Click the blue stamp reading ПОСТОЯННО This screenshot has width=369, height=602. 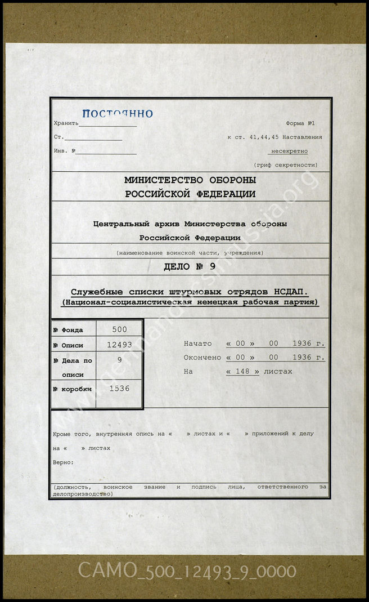(117, 113)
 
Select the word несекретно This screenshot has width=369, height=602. (289, 151)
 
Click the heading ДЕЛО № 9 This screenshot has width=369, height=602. (190, 267)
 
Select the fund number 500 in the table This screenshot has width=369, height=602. (119, 329)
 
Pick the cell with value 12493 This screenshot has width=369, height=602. (119, 345)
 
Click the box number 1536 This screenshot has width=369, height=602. (119, 389)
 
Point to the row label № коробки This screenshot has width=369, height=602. (72, 389)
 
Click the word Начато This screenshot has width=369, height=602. (197, 344)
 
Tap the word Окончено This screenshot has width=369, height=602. (202, 358)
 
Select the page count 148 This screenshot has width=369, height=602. (242, 372)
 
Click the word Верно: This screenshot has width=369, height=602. (63, 462)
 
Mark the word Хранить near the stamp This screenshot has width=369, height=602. (66, 123)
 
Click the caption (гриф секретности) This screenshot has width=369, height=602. (285, 165)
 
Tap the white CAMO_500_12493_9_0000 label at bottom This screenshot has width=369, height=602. (187, 571)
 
